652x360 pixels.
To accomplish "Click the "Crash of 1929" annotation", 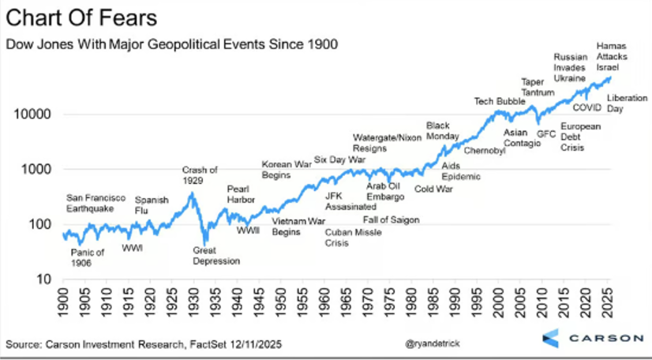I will tap(200, 175).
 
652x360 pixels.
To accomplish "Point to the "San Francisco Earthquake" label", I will tap(90, 203).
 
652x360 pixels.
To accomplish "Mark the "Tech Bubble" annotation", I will tap(499, 101).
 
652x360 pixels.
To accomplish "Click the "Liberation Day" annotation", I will tap(626, 103).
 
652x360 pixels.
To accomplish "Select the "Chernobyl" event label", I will tap(485, 150).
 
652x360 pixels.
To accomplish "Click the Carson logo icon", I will tap(553, 337).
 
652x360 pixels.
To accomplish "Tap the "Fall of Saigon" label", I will tap(391, 220).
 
